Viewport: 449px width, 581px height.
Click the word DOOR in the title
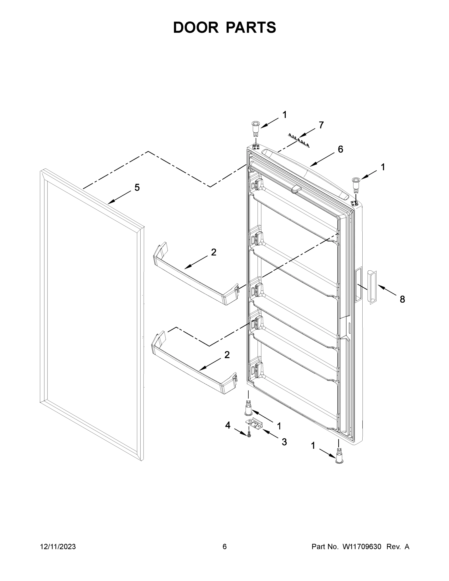point(196,27)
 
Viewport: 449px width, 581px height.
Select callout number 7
point(321,125)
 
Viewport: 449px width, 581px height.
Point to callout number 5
point(137,188)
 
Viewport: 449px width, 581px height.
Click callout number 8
point(402,299)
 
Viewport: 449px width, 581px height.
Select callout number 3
point(284,442)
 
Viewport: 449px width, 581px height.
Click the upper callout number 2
point(213,252)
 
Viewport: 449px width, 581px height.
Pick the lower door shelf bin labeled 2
point(194,364)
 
